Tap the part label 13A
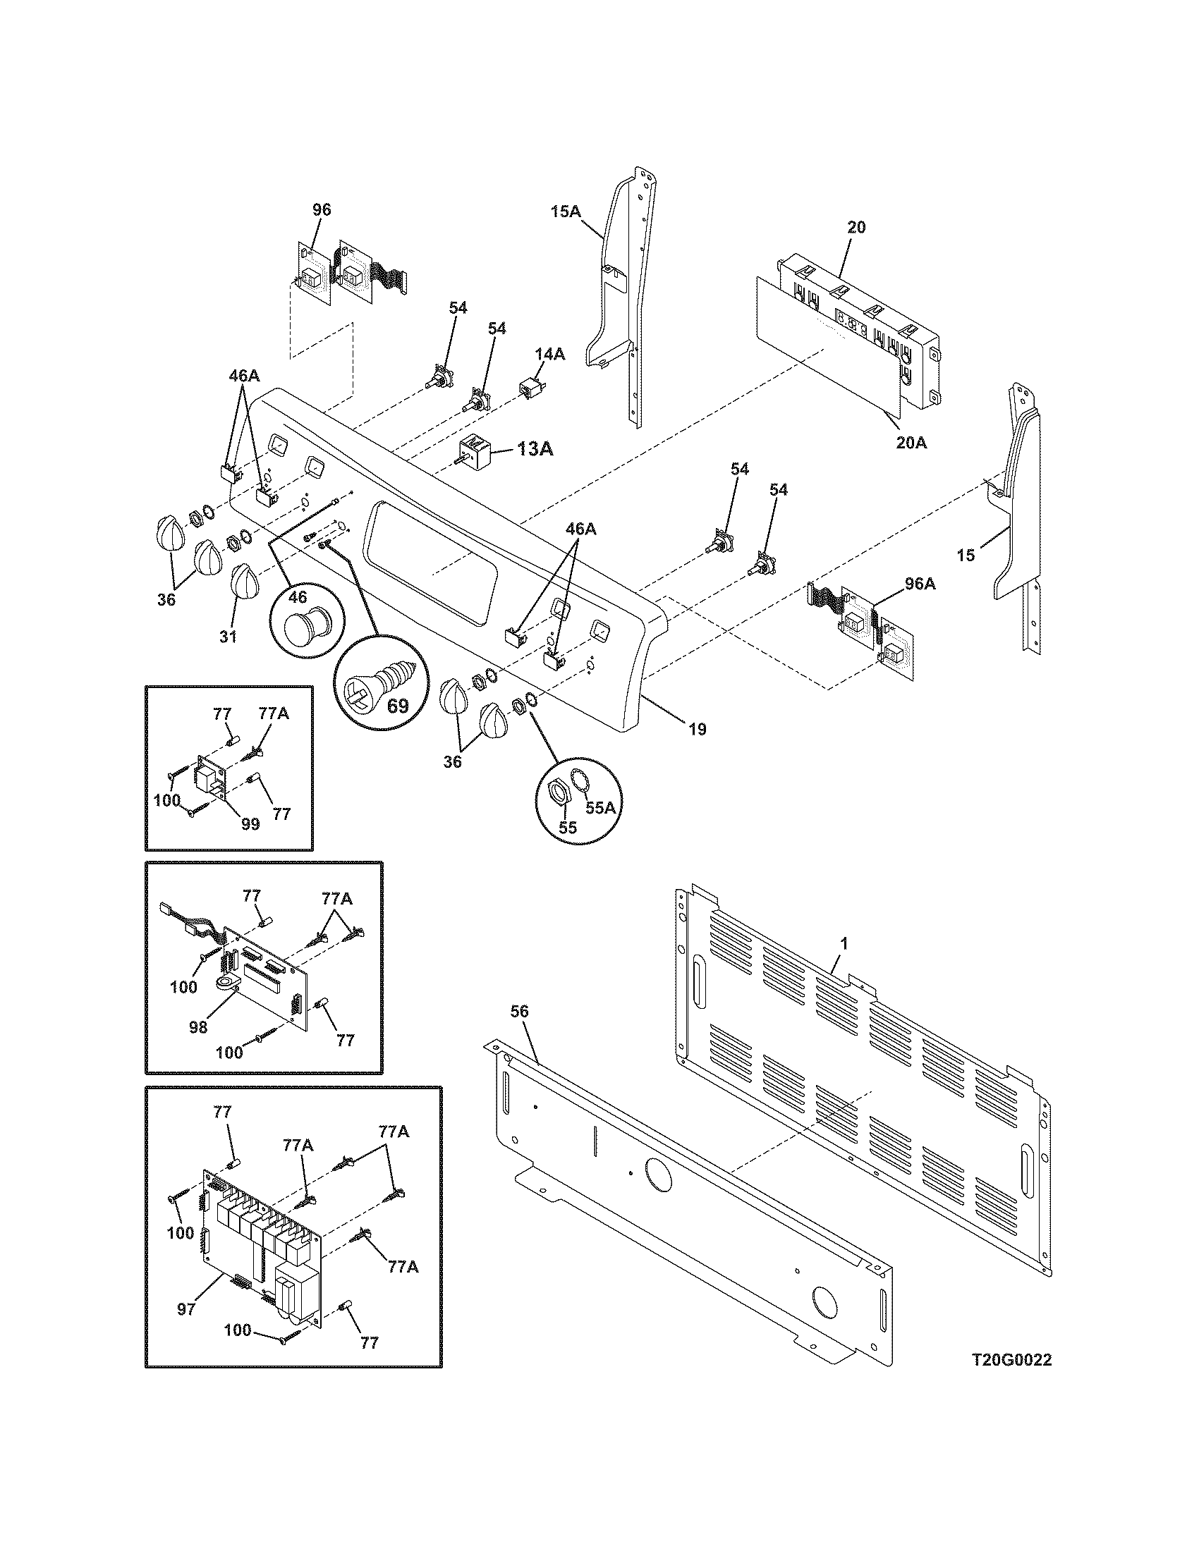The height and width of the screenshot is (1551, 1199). tap(535, 448)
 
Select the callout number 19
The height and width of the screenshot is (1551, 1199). tap(698, 729)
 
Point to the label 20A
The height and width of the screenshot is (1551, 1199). tap(911, 443)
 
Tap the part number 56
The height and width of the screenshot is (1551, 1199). tap(520, 1011)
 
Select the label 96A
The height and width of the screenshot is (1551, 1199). tap(920, 584)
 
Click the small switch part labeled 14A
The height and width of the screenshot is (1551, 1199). tap(528, 390)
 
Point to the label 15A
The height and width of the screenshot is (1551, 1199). tap(566, 211)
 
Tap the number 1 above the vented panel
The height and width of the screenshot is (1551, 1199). tap(843, 944)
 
